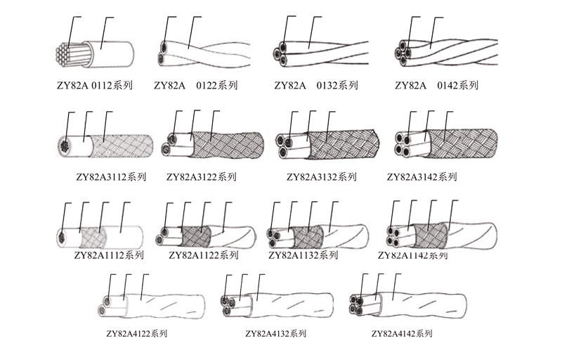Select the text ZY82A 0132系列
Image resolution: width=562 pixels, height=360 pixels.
316,86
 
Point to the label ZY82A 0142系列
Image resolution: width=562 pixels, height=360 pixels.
436,86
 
